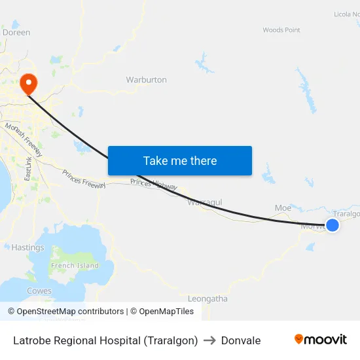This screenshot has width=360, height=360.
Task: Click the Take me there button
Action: pos(180,160)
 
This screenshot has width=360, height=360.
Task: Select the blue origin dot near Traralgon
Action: pos(333,225)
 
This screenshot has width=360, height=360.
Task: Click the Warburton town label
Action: pos(146,80)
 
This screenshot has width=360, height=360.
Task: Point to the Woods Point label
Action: pos(281,30)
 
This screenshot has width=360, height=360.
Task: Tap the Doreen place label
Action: pos(16,32)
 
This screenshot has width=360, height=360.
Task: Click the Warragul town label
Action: pos(204,202)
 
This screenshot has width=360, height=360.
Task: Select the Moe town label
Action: pos(283,208)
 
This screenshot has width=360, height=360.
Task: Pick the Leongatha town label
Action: pos(207,298)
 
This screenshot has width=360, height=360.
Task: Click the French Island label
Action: pos(75,266)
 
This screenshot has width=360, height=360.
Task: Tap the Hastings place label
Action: pos(28,247)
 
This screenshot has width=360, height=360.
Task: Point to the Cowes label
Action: pos(39,291)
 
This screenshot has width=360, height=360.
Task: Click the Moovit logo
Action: pos(320,339)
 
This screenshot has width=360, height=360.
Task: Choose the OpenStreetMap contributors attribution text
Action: pos(70,312)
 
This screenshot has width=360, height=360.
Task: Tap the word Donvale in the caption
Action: pos(241,340)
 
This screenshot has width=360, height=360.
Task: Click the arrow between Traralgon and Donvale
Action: pos(209,340)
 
